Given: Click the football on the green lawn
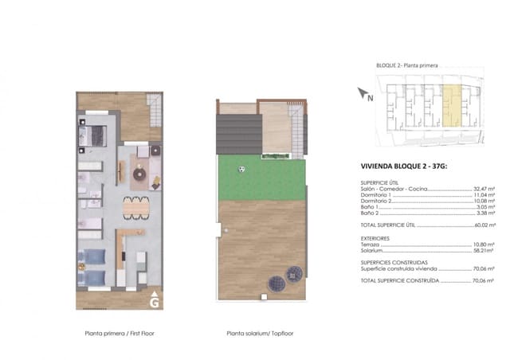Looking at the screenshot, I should coord(241,169).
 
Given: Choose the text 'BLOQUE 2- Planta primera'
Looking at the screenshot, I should coord(406,66).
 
